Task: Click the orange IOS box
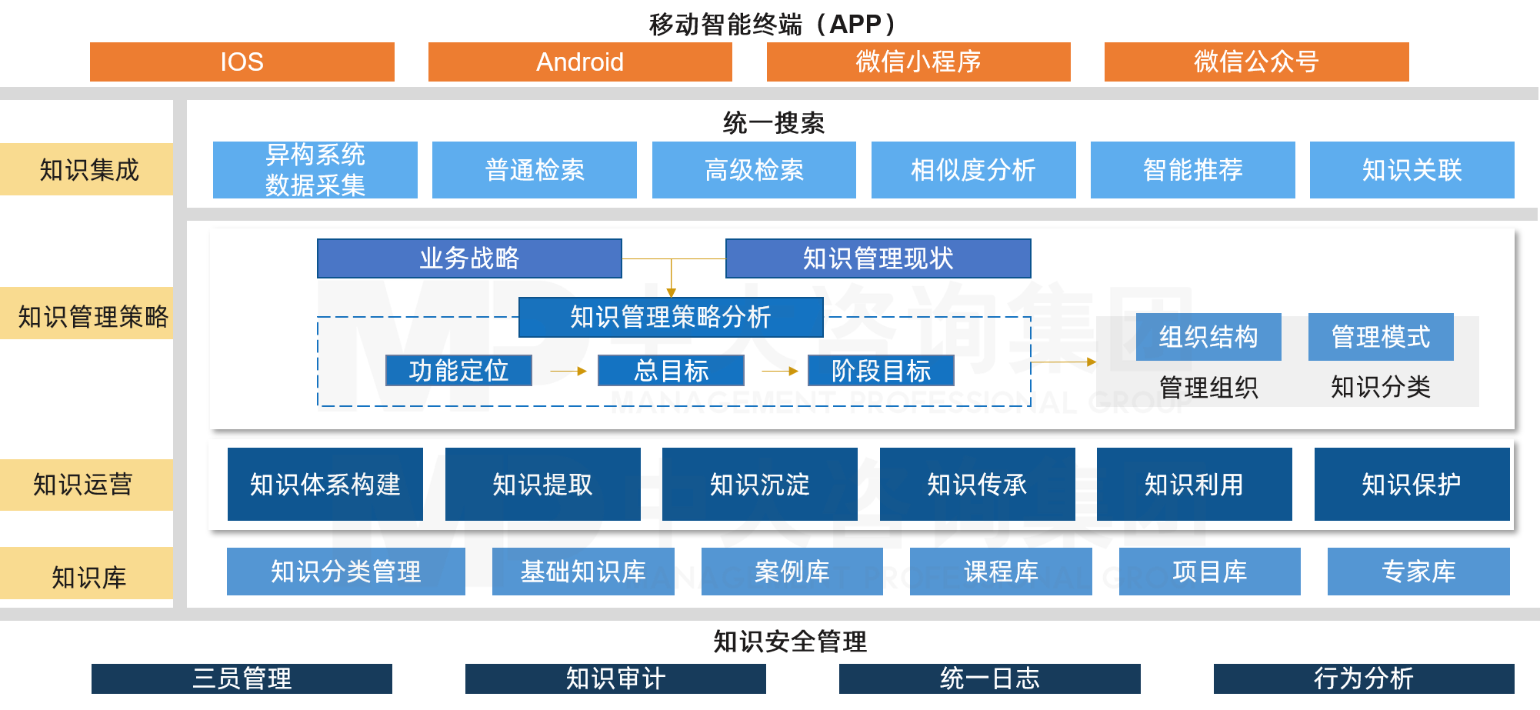[242, 62]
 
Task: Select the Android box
[580, 62]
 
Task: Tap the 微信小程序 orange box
[918, 62]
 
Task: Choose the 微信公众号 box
[1256, 62]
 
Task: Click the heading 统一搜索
[773, 123]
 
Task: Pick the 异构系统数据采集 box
[315, 170]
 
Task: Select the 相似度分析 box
[973, 170]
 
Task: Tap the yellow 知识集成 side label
[88, 169]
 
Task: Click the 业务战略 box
[469, 258]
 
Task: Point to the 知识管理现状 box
[878, 258]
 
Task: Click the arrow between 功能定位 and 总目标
[568, 371]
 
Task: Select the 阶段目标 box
[881, 371]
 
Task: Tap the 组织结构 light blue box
[1208, 337]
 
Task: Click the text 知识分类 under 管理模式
[1381, 387]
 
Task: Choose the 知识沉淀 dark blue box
[759, 485]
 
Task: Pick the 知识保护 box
[1412, 485]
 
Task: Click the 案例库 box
[792, 572]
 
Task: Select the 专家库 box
[1418, 572]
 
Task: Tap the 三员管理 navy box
[242, 678]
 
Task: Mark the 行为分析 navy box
[1364, 678]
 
